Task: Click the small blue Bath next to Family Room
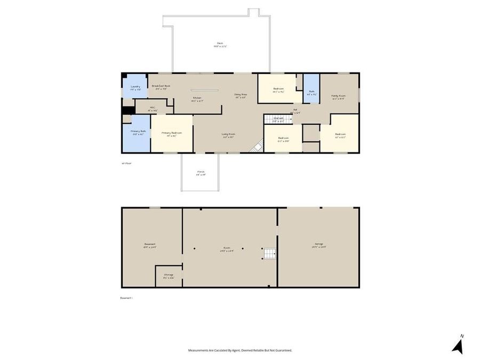(x=311, y=92)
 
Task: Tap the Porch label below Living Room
(x=201, y=173)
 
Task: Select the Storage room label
(x=169, y=276)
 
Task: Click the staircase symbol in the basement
(x=270, y=253)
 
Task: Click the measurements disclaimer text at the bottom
(x=240, y=350)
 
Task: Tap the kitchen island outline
(x=204, y=90)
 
